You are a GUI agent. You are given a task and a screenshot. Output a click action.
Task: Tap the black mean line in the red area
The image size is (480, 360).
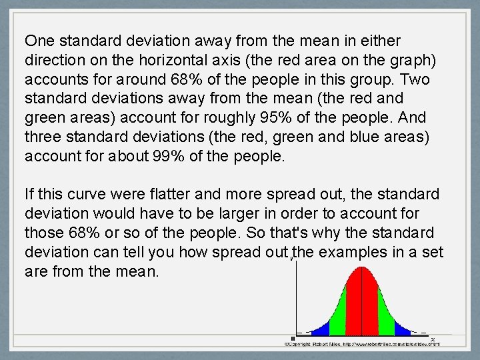[361, 300]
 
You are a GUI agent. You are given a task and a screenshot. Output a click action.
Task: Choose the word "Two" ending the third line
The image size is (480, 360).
[415, 79]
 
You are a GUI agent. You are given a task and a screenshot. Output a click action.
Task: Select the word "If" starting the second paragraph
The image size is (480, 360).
[29, 195]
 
